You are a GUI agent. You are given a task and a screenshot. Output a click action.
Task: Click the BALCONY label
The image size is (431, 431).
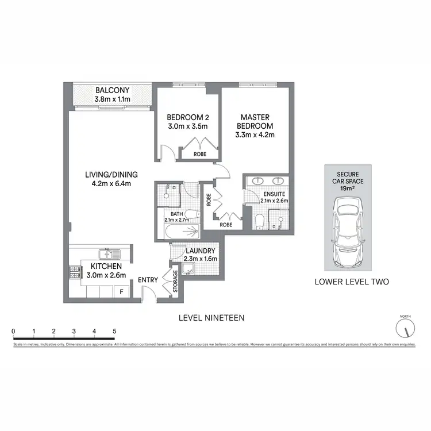click(x=113, y=90)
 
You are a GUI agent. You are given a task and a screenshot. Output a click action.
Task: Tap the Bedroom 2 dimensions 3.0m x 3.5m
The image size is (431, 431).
click(x=187, y=127)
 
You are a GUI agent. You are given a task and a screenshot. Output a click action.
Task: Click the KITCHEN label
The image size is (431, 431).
click(x=105, y=267)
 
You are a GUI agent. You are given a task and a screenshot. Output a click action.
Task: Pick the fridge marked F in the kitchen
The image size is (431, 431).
click(x=121, y=292)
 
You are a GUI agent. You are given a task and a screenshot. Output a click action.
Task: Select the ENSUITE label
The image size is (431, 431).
click(x=275, y=194)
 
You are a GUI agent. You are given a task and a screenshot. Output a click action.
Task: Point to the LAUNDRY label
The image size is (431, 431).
click(x=201, y=251)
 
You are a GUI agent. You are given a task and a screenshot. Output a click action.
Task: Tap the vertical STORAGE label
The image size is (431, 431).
click(x=176, y=280)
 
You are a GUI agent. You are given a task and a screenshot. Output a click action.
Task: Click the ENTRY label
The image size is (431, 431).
click(x=148, y=280)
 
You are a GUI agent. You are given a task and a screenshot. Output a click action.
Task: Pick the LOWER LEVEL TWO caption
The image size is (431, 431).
click(x=352, y=282)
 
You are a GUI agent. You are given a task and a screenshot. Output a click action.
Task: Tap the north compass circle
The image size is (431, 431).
click(x=405, y=329)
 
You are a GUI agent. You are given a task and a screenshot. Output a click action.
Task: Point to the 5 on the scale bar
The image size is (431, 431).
click(x=114, y=332)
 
